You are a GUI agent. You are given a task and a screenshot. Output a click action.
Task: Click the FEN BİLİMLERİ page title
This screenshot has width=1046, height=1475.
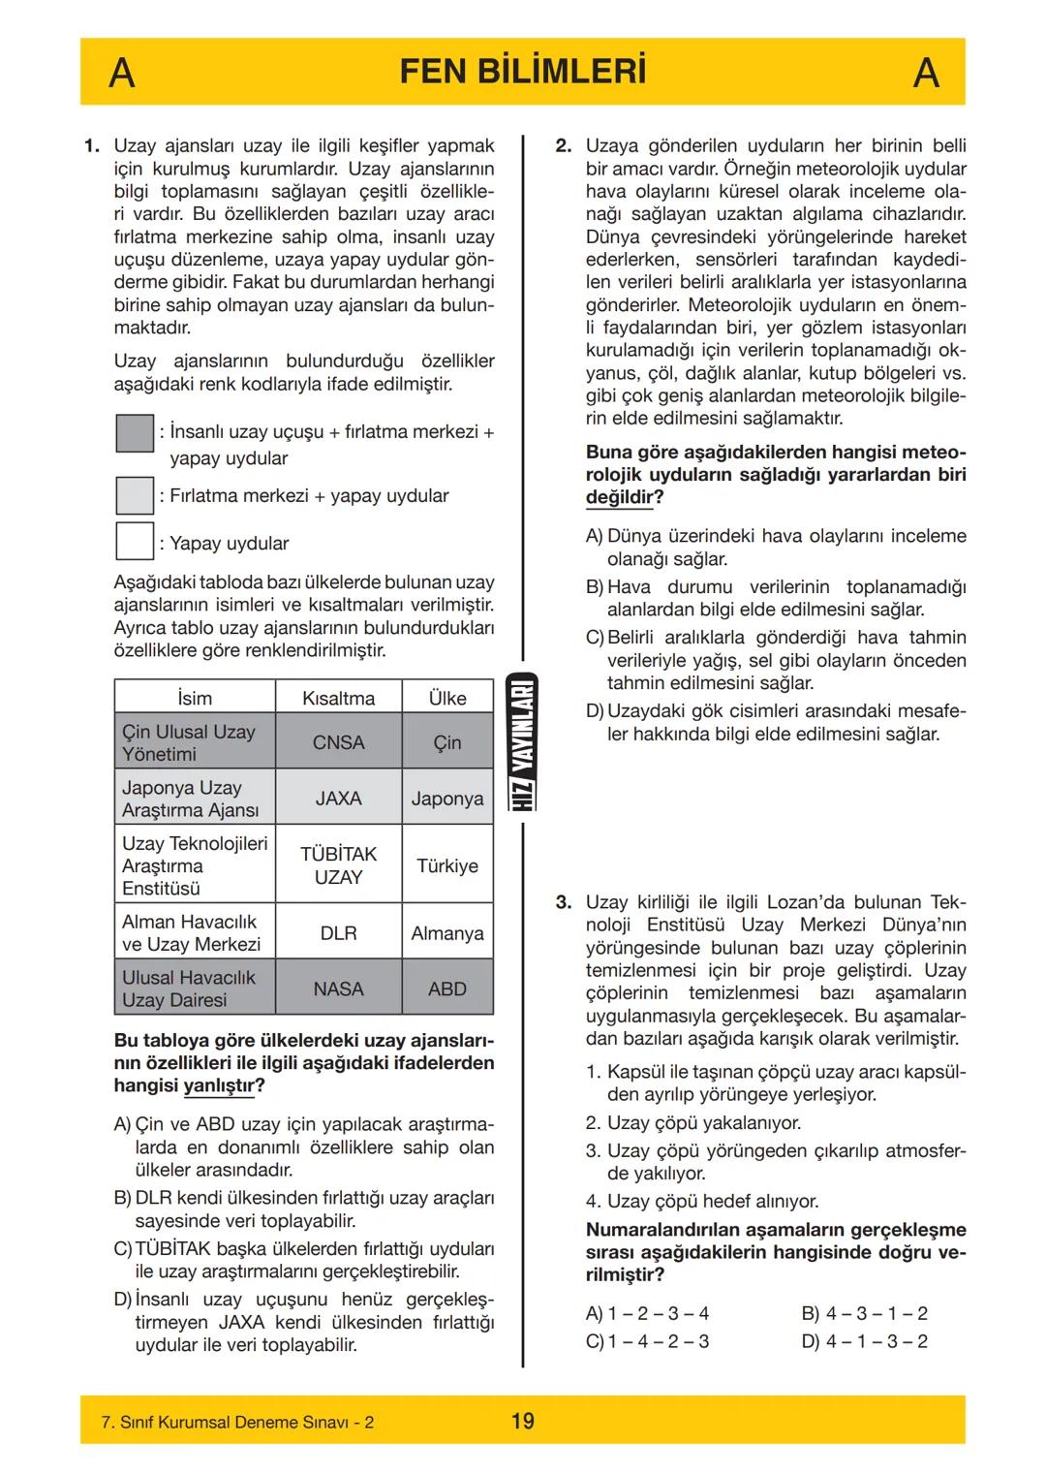(x=522, y=72)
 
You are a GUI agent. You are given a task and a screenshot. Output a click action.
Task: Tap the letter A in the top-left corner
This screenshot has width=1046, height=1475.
(x=121, y=73)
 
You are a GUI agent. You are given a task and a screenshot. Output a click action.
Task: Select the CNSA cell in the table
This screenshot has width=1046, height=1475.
(x=338, y=742)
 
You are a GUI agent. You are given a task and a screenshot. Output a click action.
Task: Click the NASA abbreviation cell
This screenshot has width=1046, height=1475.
(x=338, y=989)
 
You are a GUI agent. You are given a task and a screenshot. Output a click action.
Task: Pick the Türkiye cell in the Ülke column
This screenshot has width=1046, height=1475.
(x=446, y=865)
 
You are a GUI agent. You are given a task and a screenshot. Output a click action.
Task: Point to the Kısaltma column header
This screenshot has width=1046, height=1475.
(x=338, y=698)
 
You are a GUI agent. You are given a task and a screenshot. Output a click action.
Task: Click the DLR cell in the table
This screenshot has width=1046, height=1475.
(x=338, y=932)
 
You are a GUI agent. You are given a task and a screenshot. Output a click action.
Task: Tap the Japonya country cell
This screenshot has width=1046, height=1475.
(x=446, y=799)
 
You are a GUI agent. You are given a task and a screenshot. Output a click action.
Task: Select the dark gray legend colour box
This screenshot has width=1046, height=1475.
(x=135, y=433)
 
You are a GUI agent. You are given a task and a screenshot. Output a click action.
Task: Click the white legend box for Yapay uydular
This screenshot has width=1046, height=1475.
(x=135, y=541)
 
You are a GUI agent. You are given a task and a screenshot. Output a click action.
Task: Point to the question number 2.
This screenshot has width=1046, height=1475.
(x=564, y=146)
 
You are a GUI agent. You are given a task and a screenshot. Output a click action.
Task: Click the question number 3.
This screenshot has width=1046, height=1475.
(x=564, y=902)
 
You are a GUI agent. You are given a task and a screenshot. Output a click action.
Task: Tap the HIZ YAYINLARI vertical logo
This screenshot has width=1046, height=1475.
(x=523, y=742)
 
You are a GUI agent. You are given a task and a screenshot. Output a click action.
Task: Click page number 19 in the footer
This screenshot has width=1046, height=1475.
(x=522, y=1421)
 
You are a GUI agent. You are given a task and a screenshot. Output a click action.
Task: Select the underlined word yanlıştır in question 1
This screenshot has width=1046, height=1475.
(x=218, y=1085)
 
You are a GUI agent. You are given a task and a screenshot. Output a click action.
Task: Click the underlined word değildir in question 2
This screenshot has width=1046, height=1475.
(x=619, y=497)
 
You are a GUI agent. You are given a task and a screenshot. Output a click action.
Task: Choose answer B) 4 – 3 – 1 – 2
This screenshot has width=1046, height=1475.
(x=864, y=1313)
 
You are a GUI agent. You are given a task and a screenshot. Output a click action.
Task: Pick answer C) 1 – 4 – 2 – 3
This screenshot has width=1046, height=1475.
(x=647, y=1341)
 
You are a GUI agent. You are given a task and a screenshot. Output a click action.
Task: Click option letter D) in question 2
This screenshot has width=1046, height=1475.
(x=595, y=711)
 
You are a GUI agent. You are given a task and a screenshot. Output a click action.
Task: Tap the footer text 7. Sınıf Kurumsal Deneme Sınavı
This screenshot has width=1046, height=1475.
(x=237, y=1422)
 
